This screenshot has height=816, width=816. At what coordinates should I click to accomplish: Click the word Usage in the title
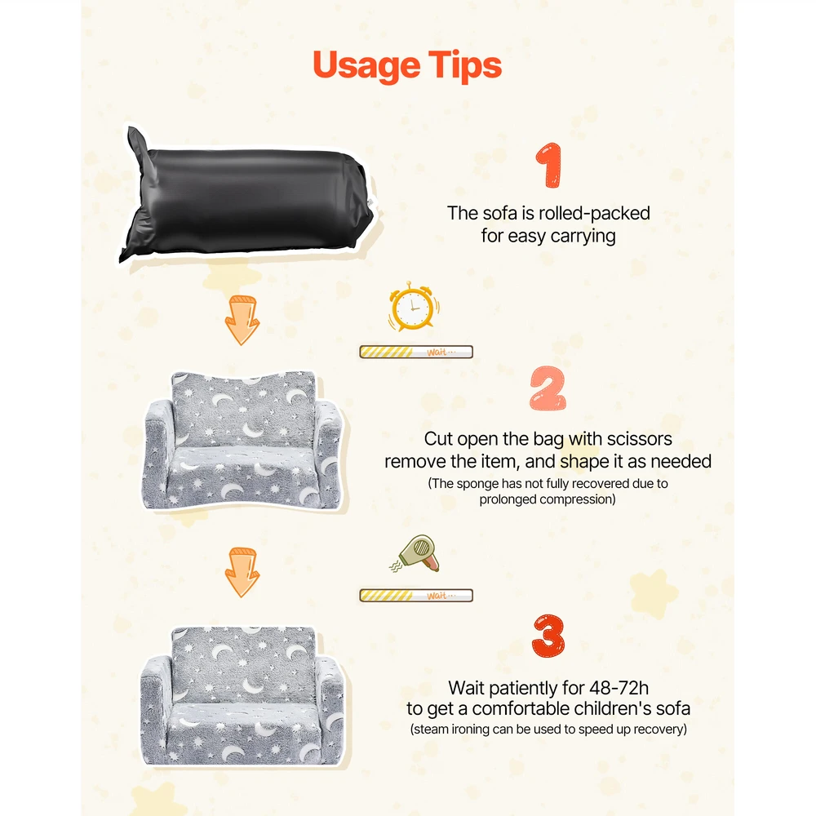point(366,66)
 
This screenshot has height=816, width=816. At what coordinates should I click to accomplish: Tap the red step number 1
point(548,165)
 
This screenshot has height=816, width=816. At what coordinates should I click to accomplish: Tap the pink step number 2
point(548,388)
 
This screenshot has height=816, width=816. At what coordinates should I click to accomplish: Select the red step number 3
point(548,636)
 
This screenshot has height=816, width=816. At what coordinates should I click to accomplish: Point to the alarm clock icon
point(413,307)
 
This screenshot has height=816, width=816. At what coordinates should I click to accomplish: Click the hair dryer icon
point(415,554)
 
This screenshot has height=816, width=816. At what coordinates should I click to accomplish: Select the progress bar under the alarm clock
point(416,353)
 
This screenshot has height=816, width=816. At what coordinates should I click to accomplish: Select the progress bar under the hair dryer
point(416,596)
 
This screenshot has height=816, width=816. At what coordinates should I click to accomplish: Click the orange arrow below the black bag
point(242,320)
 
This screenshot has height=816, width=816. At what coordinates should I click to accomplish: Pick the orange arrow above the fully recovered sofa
point(242,572)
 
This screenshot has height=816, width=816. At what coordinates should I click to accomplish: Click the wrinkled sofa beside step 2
point(243,441)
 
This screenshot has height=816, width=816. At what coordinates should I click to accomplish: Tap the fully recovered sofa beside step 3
point(242,695)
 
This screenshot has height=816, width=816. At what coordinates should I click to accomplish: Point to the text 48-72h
point(619,688)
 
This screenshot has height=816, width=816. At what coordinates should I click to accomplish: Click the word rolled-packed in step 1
point(594,213)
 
